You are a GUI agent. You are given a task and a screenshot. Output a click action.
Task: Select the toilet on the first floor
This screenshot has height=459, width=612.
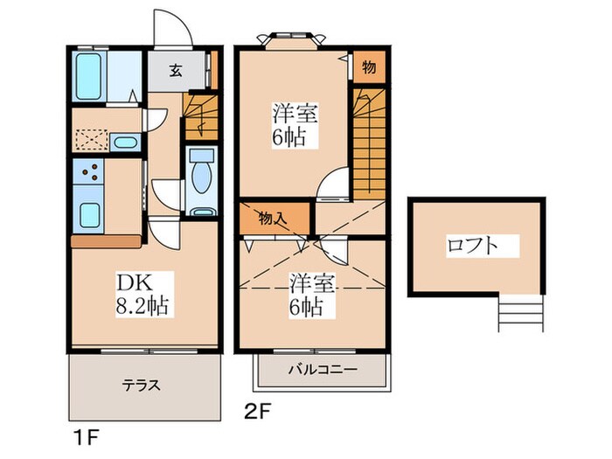pos(200,170)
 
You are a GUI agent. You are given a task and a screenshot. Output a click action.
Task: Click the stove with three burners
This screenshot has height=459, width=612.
pos(89,172)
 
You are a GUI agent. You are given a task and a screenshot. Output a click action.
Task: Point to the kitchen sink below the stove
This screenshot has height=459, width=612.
pos(89,213)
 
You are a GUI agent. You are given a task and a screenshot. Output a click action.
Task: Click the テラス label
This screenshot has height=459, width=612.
pos(142,384)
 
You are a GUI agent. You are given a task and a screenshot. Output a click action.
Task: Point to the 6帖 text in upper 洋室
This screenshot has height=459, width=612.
pos(293,136)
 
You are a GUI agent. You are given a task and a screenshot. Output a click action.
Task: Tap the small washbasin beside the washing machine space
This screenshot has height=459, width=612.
pos(124,143)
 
